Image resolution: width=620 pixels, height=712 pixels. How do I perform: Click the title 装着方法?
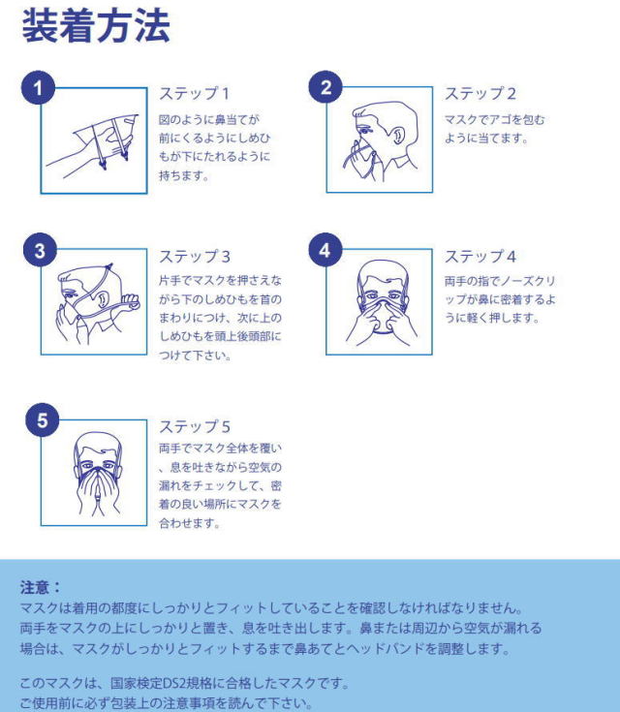coord(96,26)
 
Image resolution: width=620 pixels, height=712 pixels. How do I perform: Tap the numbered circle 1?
coord(38,87)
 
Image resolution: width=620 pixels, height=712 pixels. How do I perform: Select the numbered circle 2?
coord(325,87)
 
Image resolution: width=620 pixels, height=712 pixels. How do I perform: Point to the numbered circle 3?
coord(40,250)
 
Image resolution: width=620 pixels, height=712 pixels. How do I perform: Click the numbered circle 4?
coord(325,250)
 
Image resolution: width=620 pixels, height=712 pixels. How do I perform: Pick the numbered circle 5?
coord(43,420)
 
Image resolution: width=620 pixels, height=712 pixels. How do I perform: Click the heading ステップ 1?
coord(194,94)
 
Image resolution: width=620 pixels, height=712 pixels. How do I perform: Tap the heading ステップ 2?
coord(480,94)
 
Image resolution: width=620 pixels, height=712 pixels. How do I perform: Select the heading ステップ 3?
coord(195,257)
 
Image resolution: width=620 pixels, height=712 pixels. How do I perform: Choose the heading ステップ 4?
coord(480,257)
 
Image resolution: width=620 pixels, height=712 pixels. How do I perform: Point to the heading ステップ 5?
coord(195,426)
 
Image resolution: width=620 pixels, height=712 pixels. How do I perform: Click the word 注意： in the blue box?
coord(40,587)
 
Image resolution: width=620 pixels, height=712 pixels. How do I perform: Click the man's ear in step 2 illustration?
coord(398,136)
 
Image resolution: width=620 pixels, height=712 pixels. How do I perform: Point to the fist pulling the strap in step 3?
coord(131,302)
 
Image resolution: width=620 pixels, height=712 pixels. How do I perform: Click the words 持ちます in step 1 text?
coord(183,175)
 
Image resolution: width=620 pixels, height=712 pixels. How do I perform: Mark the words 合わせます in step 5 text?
coord(189,523)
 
